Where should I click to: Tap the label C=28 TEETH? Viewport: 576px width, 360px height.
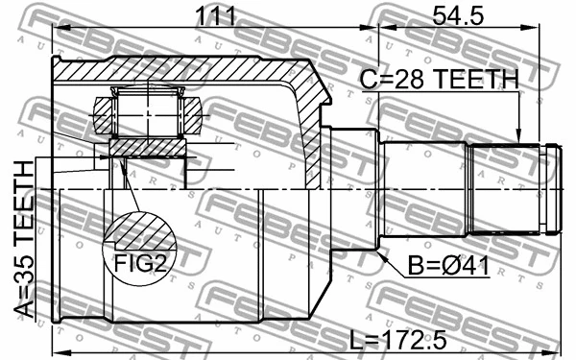pyautogui.click(x=440, y=79)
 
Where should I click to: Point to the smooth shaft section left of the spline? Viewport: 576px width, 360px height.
pyautogui.click(x=424, y=187)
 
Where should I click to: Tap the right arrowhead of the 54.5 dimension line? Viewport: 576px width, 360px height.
pyautogui.click(x=554, y=29)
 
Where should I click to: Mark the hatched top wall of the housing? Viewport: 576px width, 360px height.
pyautogui.click(x=173, y=70)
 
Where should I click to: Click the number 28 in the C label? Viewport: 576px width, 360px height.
pyautogui.click(x=398, y=79)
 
